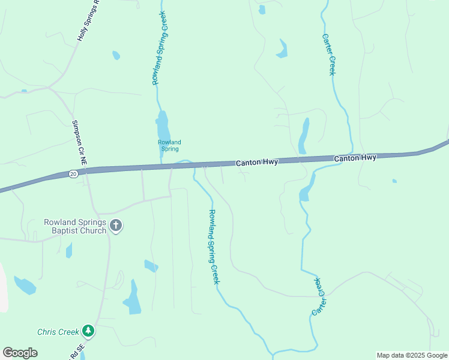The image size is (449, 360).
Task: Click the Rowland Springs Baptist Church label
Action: [74, 226]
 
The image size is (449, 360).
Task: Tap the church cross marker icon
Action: [116, 226]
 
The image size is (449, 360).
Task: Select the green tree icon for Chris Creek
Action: [88, 331]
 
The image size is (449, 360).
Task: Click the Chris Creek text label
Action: [58, 332]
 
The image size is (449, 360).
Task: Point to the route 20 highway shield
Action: [73, 173]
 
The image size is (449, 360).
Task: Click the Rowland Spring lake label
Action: [169, 145]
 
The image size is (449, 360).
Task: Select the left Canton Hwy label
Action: [256, 163]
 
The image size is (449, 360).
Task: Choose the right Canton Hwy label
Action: [355, 158]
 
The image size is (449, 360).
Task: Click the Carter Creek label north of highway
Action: [328, 54]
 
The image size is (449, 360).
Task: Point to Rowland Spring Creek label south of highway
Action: [213, 246]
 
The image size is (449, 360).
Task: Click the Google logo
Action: [20, 353]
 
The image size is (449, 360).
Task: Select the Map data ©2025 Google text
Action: [412, 355]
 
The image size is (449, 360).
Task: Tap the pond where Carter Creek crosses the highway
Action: [304, 193]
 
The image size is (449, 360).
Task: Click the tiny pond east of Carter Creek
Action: [394, 181]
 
